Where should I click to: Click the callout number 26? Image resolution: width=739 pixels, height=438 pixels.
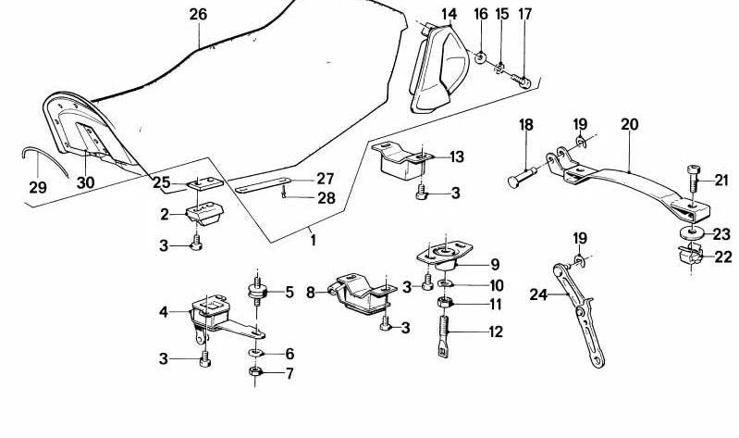[x=198, y=14]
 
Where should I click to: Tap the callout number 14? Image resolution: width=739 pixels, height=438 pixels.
[x=449, y=14]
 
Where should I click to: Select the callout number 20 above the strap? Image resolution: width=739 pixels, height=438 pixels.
[x=630, y=124]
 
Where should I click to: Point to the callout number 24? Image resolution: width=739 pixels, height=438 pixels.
[x=538, y=295]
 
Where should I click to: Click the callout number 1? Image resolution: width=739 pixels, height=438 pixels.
[x=313, y=240]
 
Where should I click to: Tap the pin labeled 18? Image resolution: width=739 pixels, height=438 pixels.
[x=519, y=177]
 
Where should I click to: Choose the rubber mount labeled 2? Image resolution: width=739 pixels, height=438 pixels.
[x=204, y=216]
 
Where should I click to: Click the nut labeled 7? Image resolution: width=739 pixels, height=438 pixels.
[x=255, y=373]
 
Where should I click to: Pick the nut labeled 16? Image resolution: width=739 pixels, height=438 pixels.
[x=482, y=58]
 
